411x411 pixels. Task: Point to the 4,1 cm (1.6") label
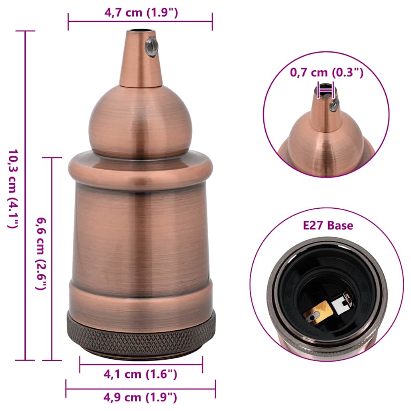(x=140, y=374)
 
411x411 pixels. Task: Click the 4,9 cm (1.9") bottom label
(x=140, y=397)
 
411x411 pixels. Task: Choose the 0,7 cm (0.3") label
(x=326, y=73)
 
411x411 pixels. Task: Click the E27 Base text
(x=328, y=226)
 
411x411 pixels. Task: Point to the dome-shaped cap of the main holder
(x=140, y=120)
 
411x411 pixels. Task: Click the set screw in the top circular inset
(x=334, y=105)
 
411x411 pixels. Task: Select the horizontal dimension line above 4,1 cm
(x=141, y=364)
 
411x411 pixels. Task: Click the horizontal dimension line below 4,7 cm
(x=140, y=22)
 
